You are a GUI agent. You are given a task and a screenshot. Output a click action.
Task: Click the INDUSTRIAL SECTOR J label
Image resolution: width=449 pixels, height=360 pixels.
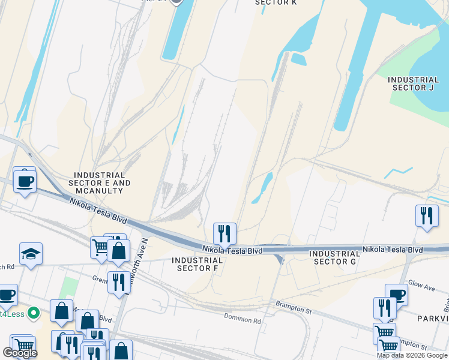(x=413, y=83)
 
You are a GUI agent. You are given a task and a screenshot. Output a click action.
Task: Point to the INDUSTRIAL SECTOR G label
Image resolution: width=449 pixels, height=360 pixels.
(x=335, y=257)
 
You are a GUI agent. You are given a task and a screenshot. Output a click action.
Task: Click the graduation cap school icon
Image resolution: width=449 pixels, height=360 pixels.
(x=31, y=254)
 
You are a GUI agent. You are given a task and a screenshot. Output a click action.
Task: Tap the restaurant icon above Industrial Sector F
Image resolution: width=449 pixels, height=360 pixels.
(x=224, y=233)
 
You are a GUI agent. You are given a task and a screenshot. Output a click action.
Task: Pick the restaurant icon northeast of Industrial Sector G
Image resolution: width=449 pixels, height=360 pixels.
(x=426, y=216)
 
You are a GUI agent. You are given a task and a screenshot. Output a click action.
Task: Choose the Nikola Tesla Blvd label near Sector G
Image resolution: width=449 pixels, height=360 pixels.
(x=393, y=249)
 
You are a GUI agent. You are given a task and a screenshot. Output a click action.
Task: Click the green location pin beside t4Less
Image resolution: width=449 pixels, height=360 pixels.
(x=34, y=313)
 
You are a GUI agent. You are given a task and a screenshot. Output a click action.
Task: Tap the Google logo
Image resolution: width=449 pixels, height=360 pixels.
(x=20, y=353)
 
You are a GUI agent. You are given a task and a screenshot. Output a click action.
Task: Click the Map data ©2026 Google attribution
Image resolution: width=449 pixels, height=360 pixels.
(x=411, y=355)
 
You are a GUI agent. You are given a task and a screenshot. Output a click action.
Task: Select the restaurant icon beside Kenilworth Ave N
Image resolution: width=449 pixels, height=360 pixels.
(x=118, y=282)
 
